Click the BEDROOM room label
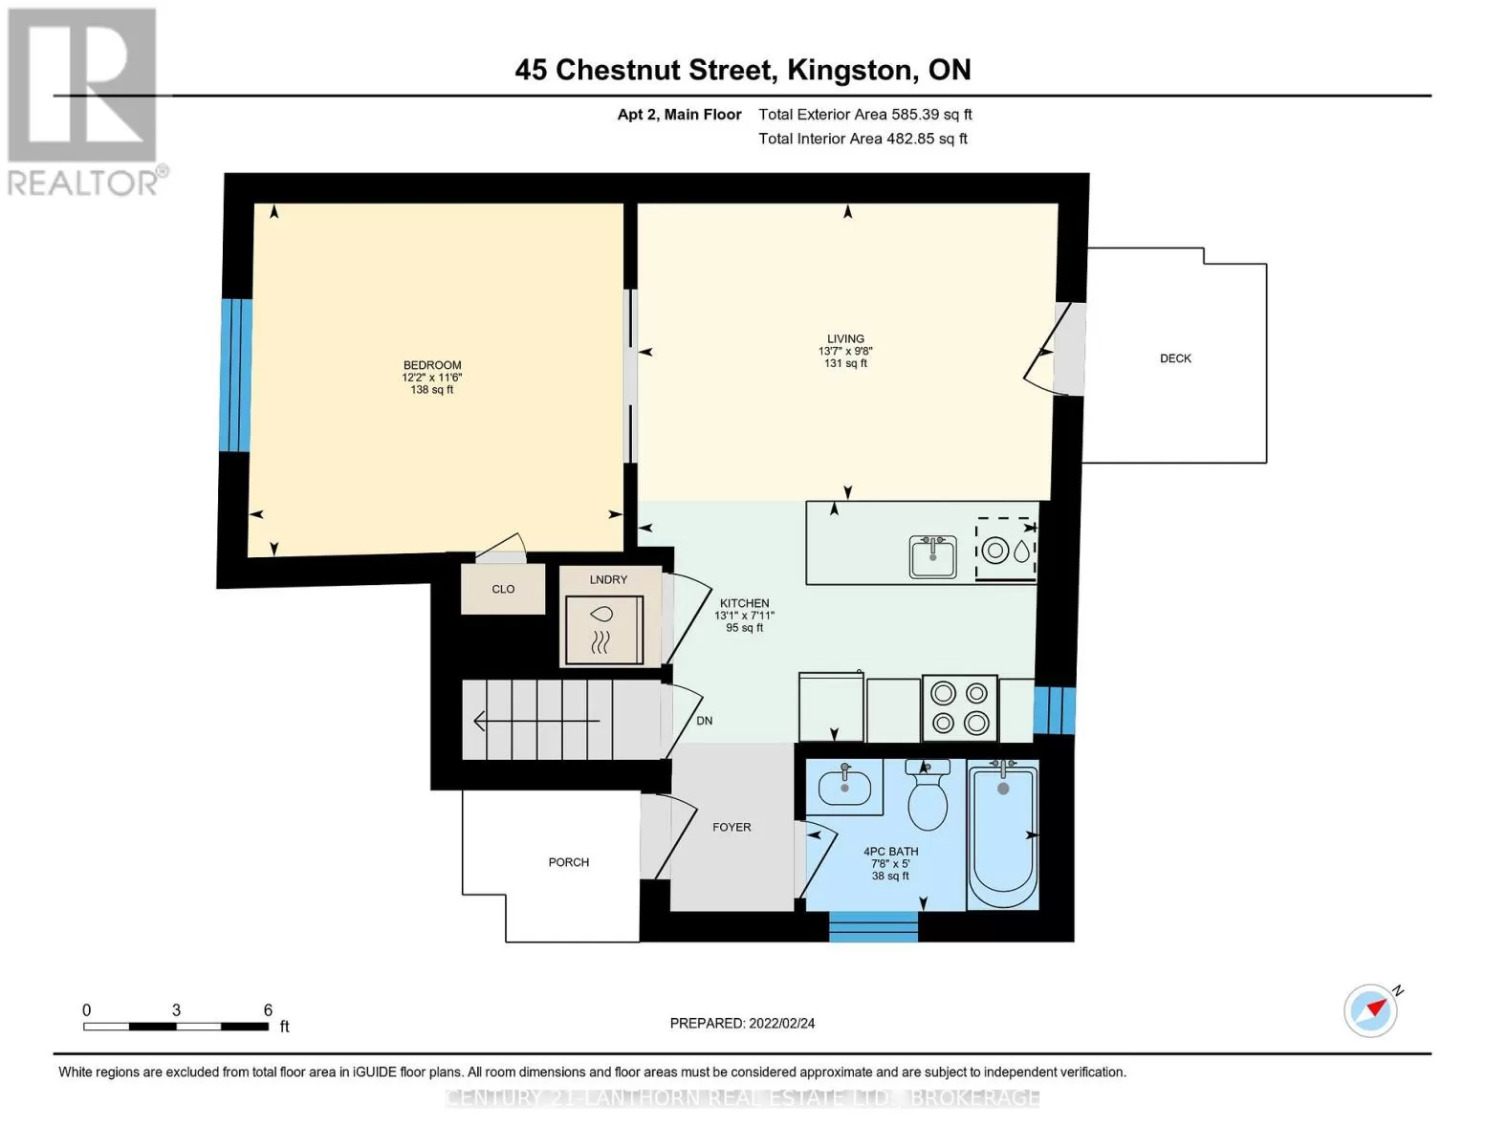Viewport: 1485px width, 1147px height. (432, 365)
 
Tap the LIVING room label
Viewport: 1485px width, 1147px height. (845, 338)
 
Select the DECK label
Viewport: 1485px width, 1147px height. (1175, 358)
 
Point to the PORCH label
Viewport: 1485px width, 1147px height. (569, 862)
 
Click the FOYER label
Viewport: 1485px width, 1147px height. (732, 827)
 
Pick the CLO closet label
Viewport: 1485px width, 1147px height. (503, 589)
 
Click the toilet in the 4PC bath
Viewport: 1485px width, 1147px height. (928, 794)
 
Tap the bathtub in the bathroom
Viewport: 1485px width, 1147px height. (1002, 834)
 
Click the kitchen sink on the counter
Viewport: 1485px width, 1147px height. (933, 556)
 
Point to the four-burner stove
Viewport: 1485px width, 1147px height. (959, 707)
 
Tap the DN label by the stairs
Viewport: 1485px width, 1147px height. (704, 720)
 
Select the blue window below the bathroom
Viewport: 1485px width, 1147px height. (873, 926)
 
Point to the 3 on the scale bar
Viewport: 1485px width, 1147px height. (176, 1009)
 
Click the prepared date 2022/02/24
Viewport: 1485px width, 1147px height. (782, 1024)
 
